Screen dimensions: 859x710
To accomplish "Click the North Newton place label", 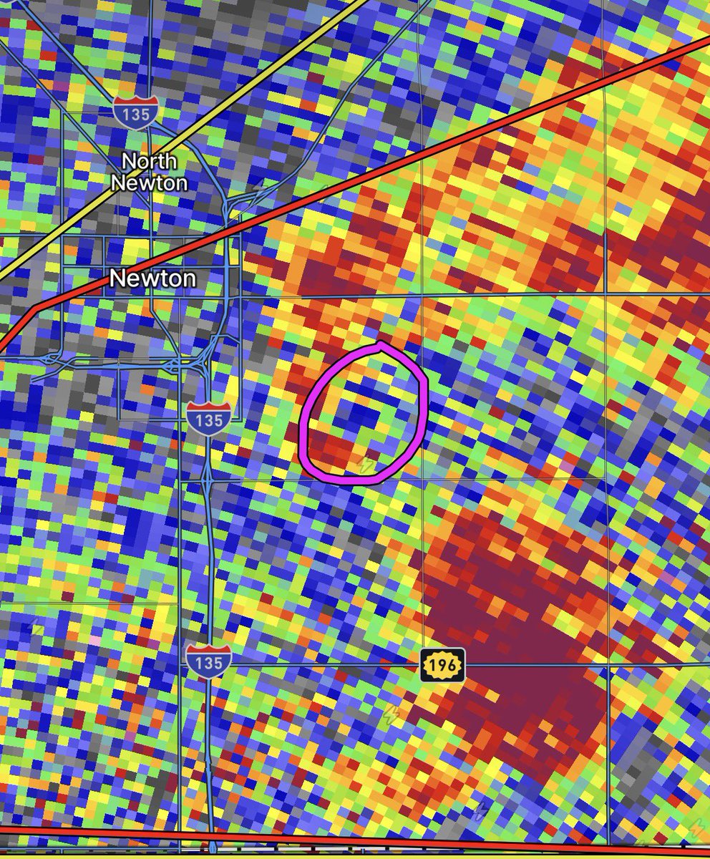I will pos(149,172).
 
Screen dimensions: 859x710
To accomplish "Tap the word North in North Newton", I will pos(149,160).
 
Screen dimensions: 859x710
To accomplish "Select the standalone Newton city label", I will pos(152,278).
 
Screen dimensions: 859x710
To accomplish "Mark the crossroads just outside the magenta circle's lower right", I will pos(423,478).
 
